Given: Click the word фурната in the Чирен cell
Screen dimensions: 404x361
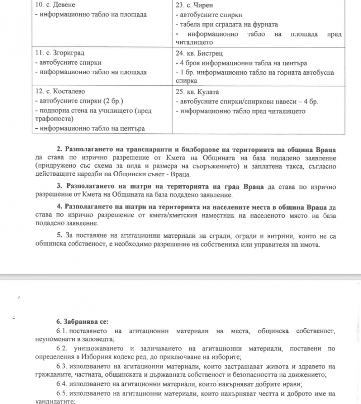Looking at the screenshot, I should coord(263,24).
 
